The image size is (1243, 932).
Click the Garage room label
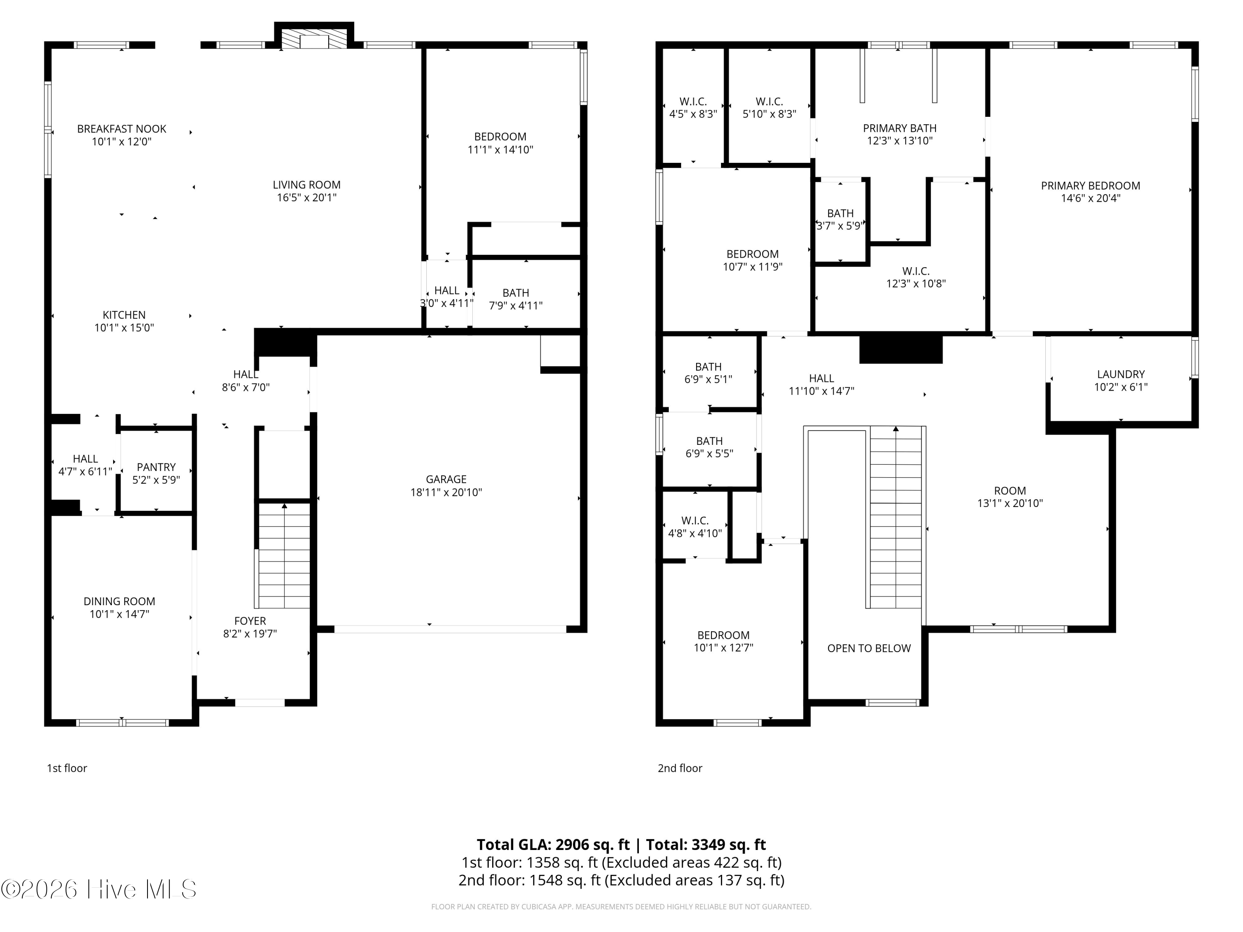(x=446, y=479)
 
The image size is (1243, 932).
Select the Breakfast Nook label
(x=121, y=129)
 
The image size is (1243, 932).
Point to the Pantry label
(x=156, y=467)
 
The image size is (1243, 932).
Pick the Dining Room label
(x=119, y=601)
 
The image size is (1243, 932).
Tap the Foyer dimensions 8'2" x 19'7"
(x=250, y=634)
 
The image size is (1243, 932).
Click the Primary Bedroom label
(x=1091, y=186)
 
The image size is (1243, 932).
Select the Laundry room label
(x=1121, y=374)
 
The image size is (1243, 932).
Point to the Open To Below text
(x=869, y=648)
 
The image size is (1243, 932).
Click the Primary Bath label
(x=900, y=128)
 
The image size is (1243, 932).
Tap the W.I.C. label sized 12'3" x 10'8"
(x=916, y=271)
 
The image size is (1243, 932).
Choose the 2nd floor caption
(x=680, y=768)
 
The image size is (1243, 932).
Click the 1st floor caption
(x=67, y=768)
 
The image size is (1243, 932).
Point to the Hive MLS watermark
(x=98, y=889)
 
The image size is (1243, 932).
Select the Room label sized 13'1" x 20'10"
(x=1010, y=490)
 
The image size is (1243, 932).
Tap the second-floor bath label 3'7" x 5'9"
(x=840, y=213)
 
